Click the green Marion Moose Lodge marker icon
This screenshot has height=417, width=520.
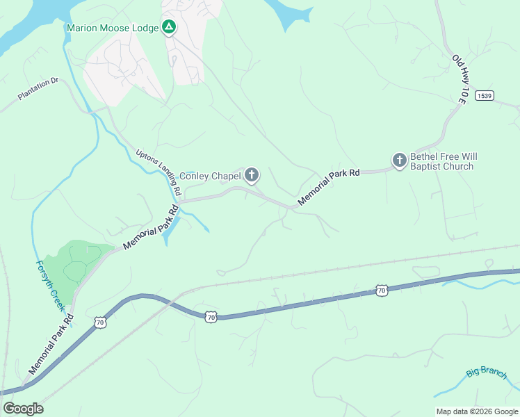pos(168,28)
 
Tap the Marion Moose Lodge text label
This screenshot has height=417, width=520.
pos(113,28)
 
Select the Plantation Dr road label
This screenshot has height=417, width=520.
pos(39,90)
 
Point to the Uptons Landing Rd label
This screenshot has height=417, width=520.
pos(159,172)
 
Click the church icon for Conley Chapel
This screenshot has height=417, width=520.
pos(252,175)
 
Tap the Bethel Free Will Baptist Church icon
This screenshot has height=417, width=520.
pos(399,161)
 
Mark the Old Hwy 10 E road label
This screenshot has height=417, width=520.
pos(459,80)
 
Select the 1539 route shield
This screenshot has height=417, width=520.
pos(485,96)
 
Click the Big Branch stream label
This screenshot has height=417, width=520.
pos(487,373)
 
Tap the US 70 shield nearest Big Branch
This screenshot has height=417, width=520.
pos(381,289)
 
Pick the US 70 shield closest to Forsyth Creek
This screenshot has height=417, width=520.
pos(101,322)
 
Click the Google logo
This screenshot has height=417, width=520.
pos(23,409)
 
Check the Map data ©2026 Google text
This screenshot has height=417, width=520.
pos(476,411)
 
